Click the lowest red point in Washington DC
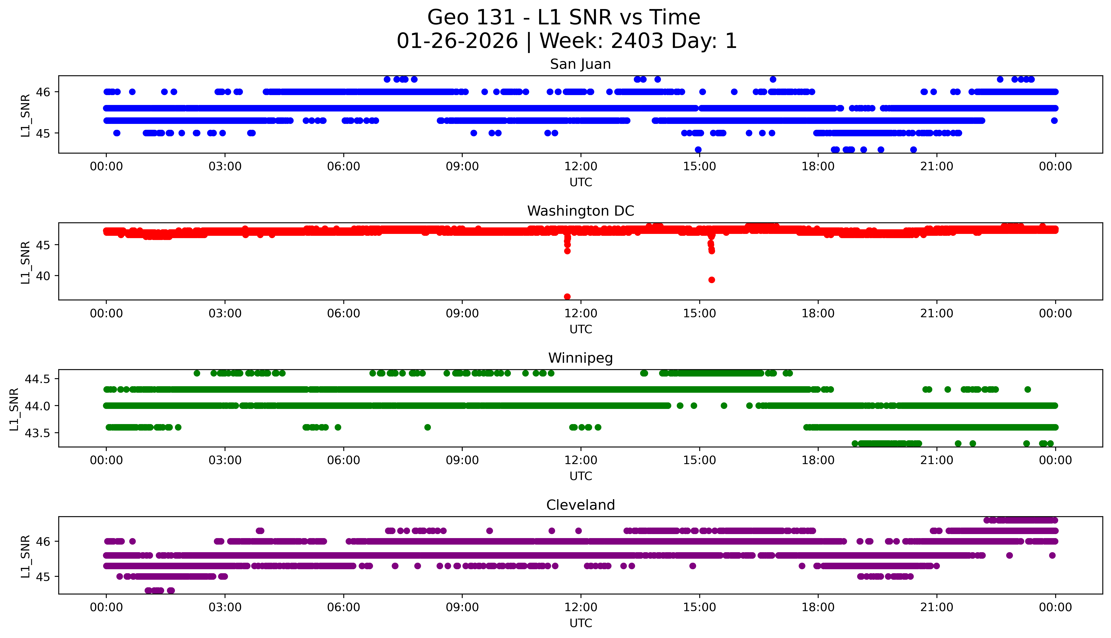tap(567, 297)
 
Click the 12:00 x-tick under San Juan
tap(581, 167)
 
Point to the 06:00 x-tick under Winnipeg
tap(343, 460)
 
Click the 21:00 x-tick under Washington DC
tap(936, 313)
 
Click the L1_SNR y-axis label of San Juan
tap(25, 115)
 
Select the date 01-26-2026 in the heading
tap(457, 41)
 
